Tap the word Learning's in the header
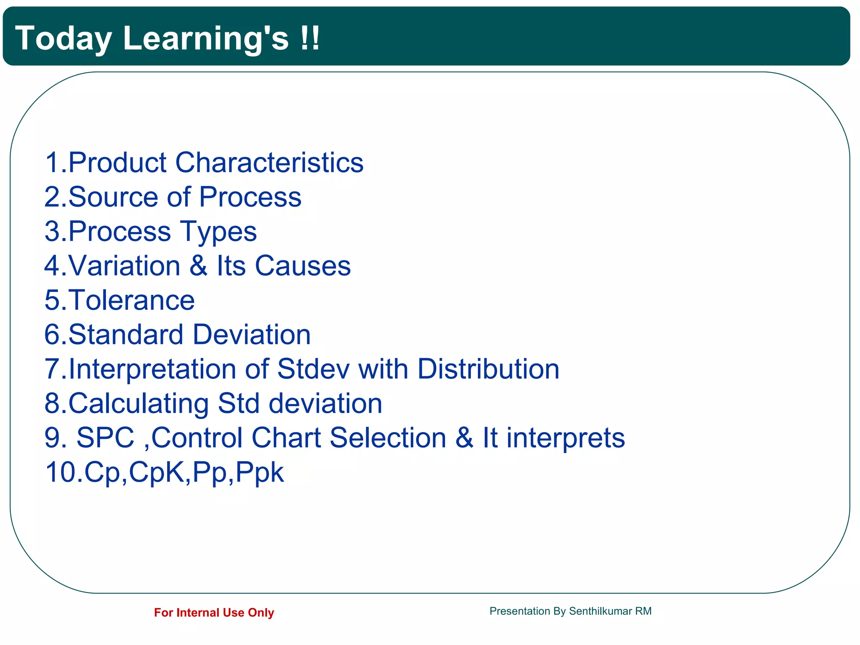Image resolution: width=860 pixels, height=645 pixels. point(206,39)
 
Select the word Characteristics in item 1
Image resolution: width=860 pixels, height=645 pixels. point(269,163)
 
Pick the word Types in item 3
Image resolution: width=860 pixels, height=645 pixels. point(218,232)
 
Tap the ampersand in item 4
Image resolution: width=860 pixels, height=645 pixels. point(198,266)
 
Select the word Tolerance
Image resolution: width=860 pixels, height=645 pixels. point(131,300)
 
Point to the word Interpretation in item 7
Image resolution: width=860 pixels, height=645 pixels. point(152,370)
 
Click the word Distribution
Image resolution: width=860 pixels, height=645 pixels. point(488,369)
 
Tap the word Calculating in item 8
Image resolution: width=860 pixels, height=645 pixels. point(138,404)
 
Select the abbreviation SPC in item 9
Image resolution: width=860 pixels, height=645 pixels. point(105,438)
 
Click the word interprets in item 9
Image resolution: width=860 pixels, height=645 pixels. point(566,438)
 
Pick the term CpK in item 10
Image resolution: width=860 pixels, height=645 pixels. point(157,472)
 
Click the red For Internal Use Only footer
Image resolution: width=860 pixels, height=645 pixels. point(214,613)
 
